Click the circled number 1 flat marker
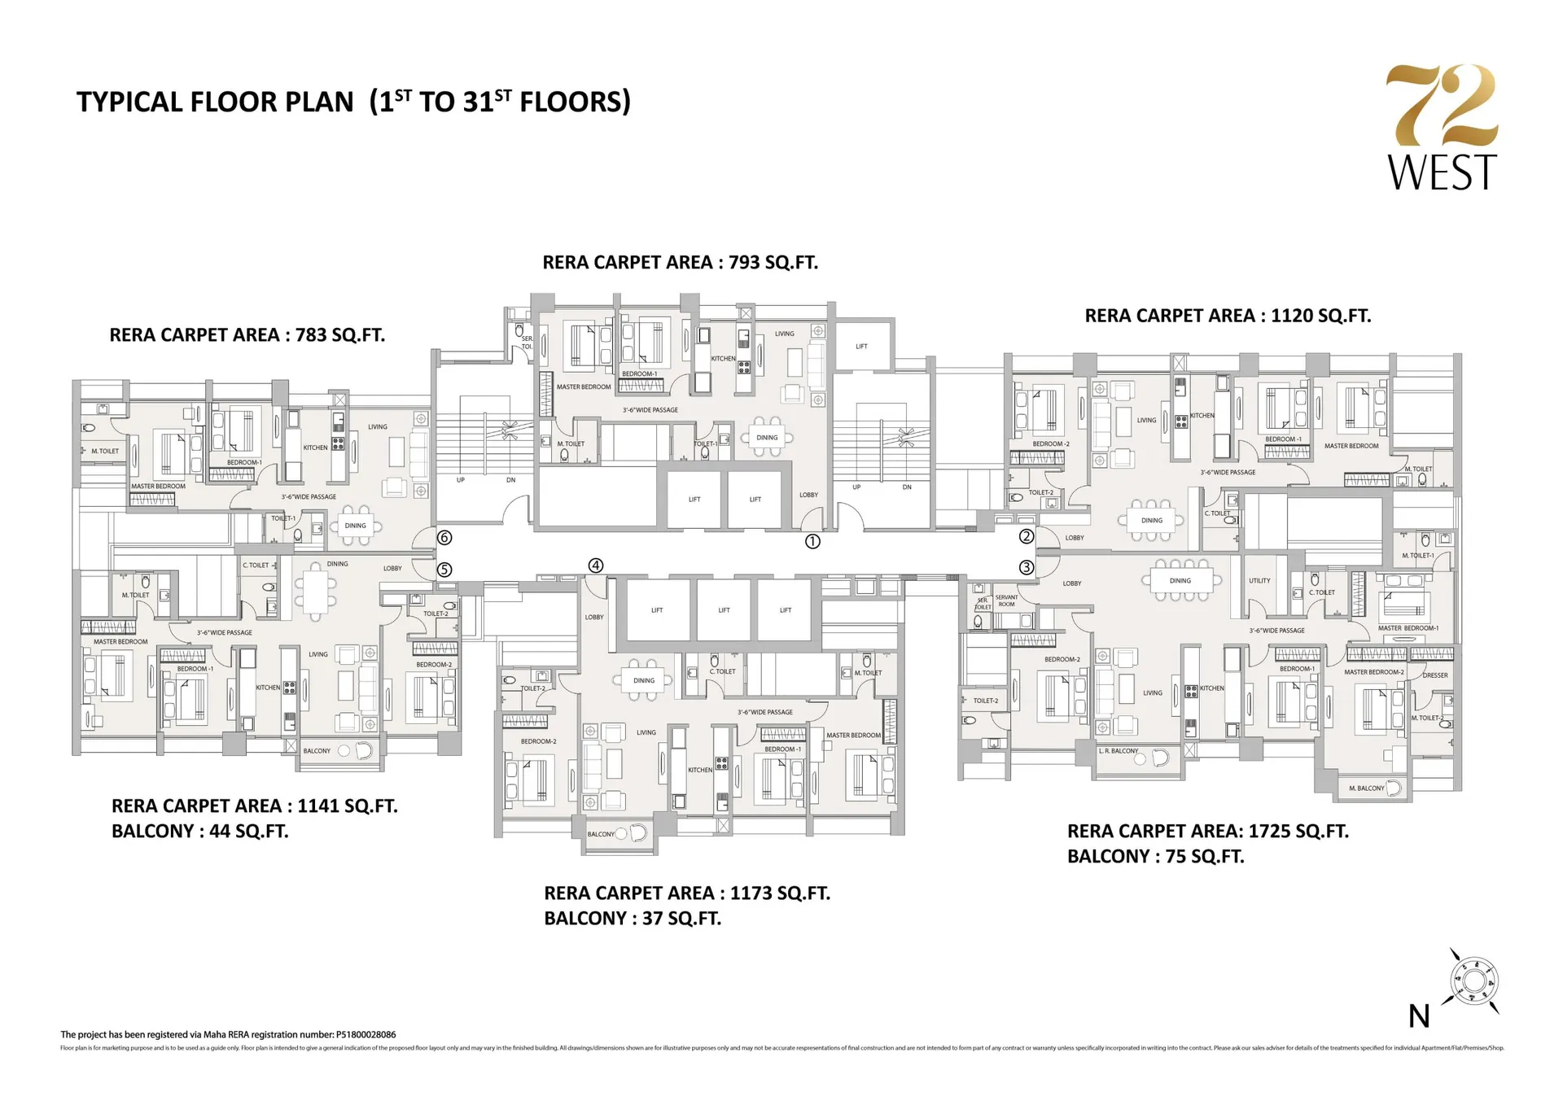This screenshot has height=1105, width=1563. (812, 541)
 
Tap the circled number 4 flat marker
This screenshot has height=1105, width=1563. (596, 566)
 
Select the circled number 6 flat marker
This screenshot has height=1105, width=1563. (444, 538)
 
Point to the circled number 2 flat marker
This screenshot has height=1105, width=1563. (1027, 536)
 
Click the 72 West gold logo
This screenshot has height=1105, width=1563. (1442, 128)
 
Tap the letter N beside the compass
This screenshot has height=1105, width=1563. (1419, 1016)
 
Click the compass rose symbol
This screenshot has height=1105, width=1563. (1474, 982)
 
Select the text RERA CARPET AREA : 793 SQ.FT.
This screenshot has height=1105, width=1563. (680, 262)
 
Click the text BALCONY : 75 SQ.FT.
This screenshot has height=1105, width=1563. (1155, 857)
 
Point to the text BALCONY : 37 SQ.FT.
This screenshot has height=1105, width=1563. (633, 919)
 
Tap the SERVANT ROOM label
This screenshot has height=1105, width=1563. (1006, 601)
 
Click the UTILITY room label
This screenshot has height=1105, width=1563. (1259, 581)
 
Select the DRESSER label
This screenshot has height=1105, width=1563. (1435, 675)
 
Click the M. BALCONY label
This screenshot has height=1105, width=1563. (1366, 788)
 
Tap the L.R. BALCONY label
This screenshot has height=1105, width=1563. (1119, 751)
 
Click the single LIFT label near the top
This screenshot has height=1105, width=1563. (861, 347)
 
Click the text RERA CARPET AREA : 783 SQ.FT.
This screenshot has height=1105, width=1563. (247, 335)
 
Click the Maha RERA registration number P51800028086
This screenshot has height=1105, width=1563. (366, 1035)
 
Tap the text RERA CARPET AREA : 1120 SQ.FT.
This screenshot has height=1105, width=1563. (1228, 316)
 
